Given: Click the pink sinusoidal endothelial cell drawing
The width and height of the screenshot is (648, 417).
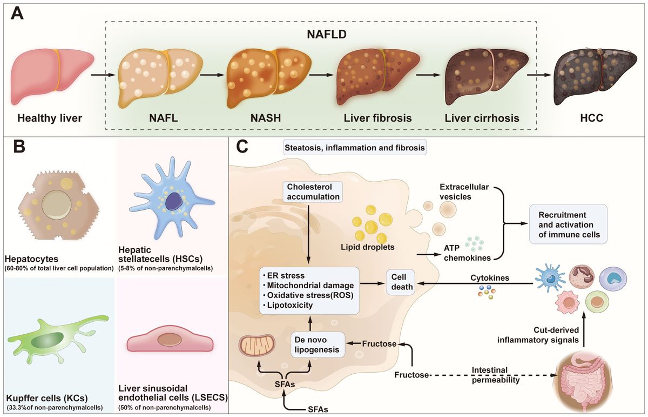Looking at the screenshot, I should [x=170, y=341].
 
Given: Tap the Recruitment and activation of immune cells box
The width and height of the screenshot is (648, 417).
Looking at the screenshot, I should [x=568, y=224].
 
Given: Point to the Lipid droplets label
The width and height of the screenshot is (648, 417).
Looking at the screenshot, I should [x=372, y=247].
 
